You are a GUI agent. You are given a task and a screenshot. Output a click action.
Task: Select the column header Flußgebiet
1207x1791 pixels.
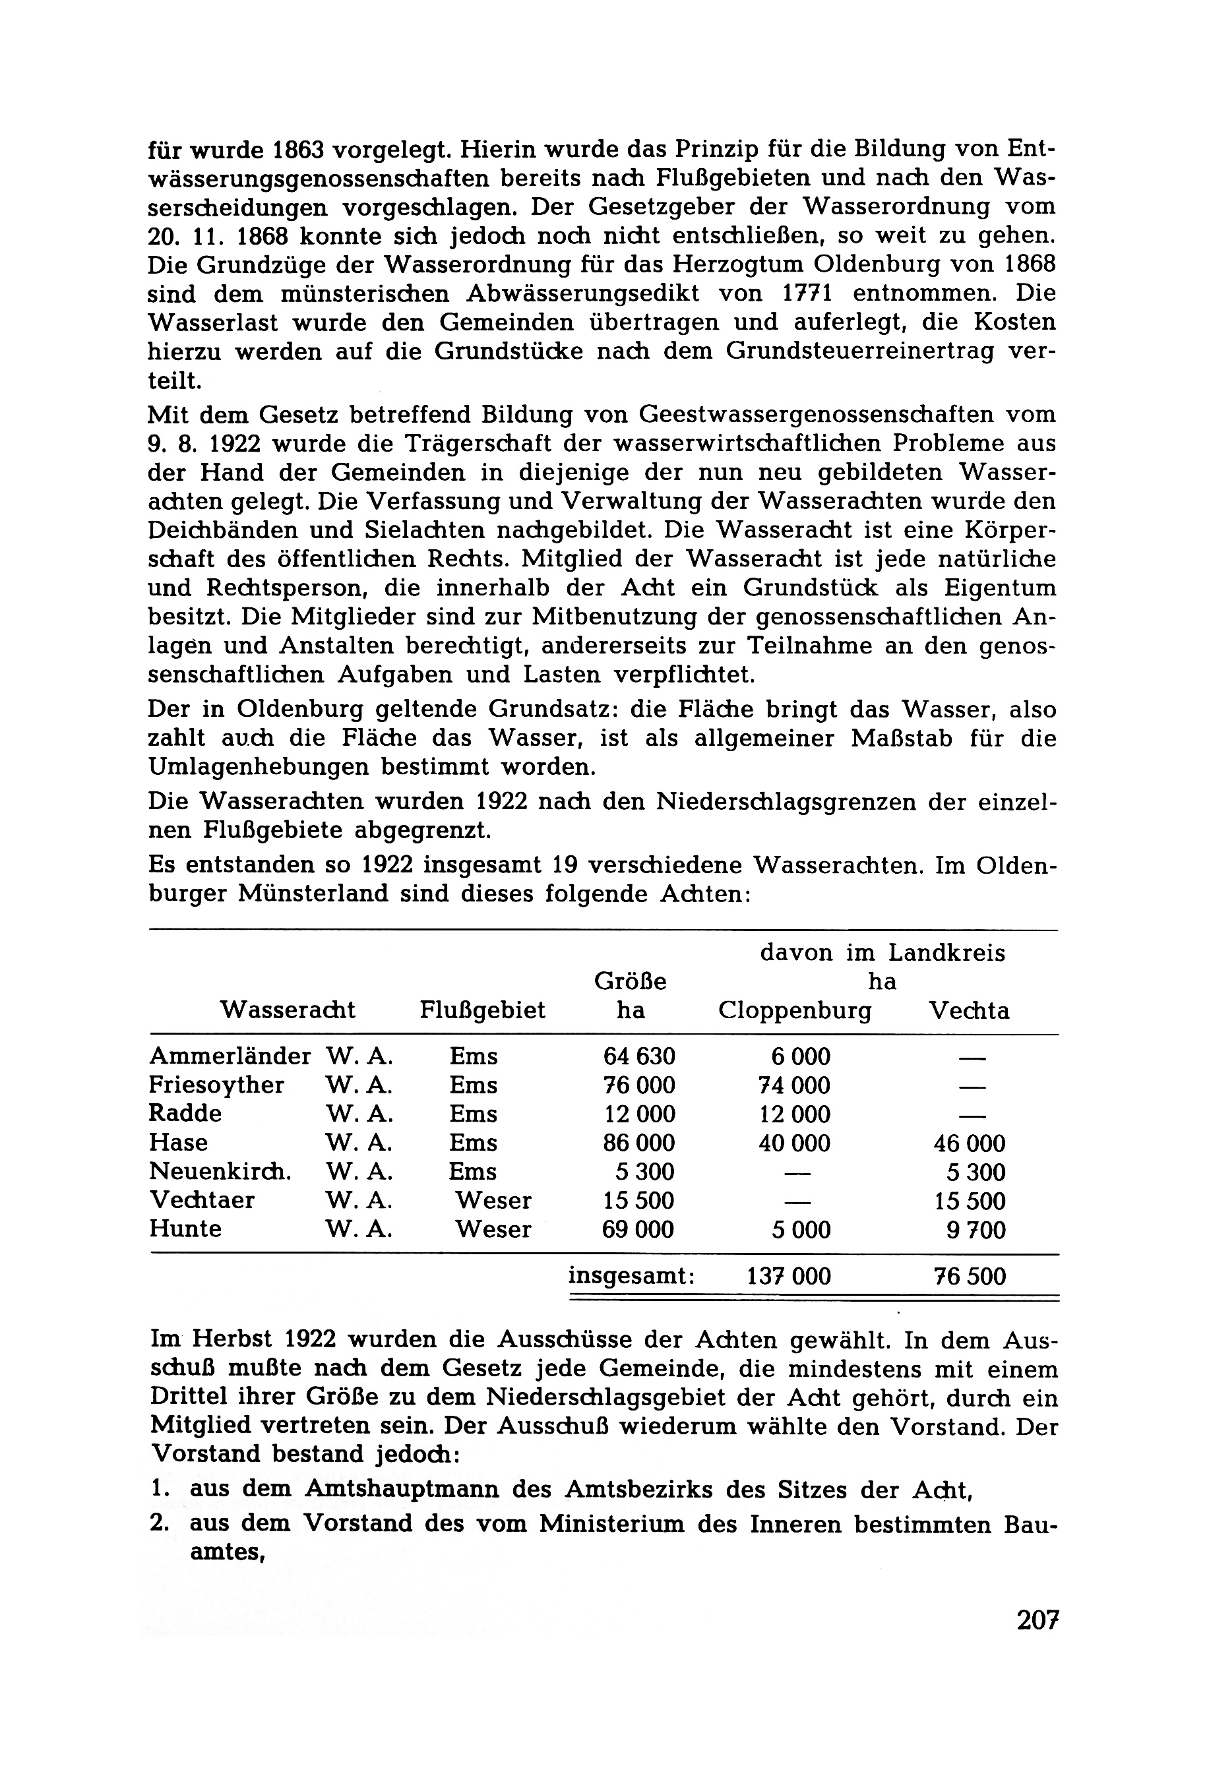click(482, 1010)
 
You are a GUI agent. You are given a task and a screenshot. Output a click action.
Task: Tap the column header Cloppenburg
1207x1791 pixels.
click(794, 1010)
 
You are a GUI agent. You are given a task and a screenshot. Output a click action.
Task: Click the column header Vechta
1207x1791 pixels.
click(969, 1010)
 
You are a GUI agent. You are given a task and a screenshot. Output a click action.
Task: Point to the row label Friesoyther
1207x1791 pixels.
click(216, 1085)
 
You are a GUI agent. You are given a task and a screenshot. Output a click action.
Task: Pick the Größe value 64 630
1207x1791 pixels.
click(639, 1057)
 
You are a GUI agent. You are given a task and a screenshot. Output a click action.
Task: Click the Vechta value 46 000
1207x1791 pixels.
click(969, 1143)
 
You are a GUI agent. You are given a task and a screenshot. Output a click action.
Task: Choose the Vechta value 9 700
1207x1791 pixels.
click(975, 1230)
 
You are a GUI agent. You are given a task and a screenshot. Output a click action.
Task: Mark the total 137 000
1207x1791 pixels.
click(789, 1277)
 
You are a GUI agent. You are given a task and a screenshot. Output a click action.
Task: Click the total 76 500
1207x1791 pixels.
click(969, 1277)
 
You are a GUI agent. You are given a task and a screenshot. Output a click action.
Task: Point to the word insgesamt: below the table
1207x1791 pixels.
click(631, 1276)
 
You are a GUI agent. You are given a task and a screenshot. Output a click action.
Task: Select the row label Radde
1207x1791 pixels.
click(185, 1114)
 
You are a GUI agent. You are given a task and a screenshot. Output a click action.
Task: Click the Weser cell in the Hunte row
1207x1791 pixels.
click(493, 1229)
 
